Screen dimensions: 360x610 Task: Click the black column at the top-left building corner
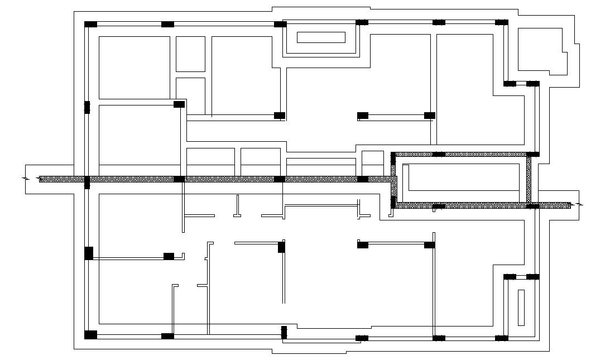(90, 24)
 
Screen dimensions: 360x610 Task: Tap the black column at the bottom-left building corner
(90, 335)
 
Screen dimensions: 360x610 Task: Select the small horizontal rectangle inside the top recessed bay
(321, 37)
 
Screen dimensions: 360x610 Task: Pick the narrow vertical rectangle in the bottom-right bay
(521, 308)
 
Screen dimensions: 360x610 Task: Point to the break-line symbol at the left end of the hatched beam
(25, 179)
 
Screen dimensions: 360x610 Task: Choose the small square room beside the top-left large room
(190, 54)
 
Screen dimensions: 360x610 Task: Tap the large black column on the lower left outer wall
(89, 253)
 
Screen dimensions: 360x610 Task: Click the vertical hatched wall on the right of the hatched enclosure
(529, 180)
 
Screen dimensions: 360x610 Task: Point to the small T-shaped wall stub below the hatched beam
(237, 207)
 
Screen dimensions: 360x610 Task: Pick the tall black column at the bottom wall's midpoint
(284, 332)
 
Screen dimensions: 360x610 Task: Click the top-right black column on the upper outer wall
(502, 22)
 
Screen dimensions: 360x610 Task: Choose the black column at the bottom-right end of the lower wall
(502, 338)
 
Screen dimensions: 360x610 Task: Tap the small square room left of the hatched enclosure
(372, 163)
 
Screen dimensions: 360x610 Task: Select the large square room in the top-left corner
(134, 68)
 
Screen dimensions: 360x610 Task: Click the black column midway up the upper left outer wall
(87, 107)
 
